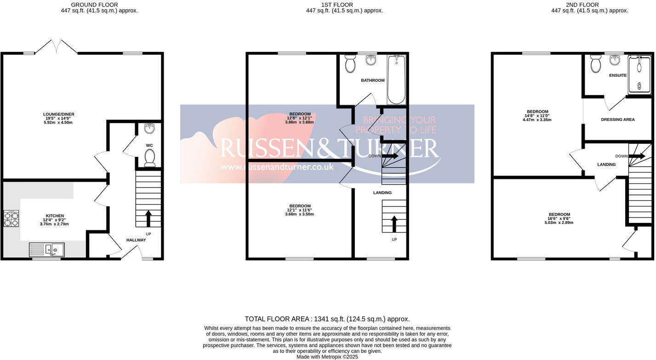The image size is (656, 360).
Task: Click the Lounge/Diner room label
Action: tap(58, 114)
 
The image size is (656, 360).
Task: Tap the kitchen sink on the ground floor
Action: tap(47, 250)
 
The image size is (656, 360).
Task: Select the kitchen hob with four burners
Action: tap(11, 218)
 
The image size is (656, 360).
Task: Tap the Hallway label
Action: tap(136, 240)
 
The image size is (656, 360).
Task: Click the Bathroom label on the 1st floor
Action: tap(372, 80)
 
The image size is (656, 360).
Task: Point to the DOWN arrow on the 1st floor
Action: tap(390, 156)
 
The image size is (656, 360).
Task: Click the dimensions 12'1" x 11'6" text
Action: tap(300, 210)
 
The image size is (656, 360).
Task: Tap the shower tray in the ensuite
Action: tap(639, 75)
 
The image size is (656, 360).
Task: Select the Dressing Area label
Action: tap(617, 120)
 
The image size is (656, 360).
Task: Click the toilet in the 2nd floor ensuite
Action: tap(596, 64)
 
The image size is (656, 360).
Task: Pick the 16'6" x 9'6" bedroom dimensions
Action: tap(559, 223)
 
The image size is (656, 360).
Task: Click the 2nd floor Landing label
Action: tap(606, 165)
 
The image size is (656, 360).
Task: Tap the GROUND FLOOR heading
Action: tap(99, 5)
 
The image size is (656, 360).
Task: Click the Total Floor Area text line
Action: tap(327, 319)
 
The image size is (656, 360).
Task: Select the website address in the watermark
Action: tap(277, 167)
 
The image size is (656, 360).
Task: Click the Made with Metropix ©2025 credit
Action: tap(327, 356)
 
